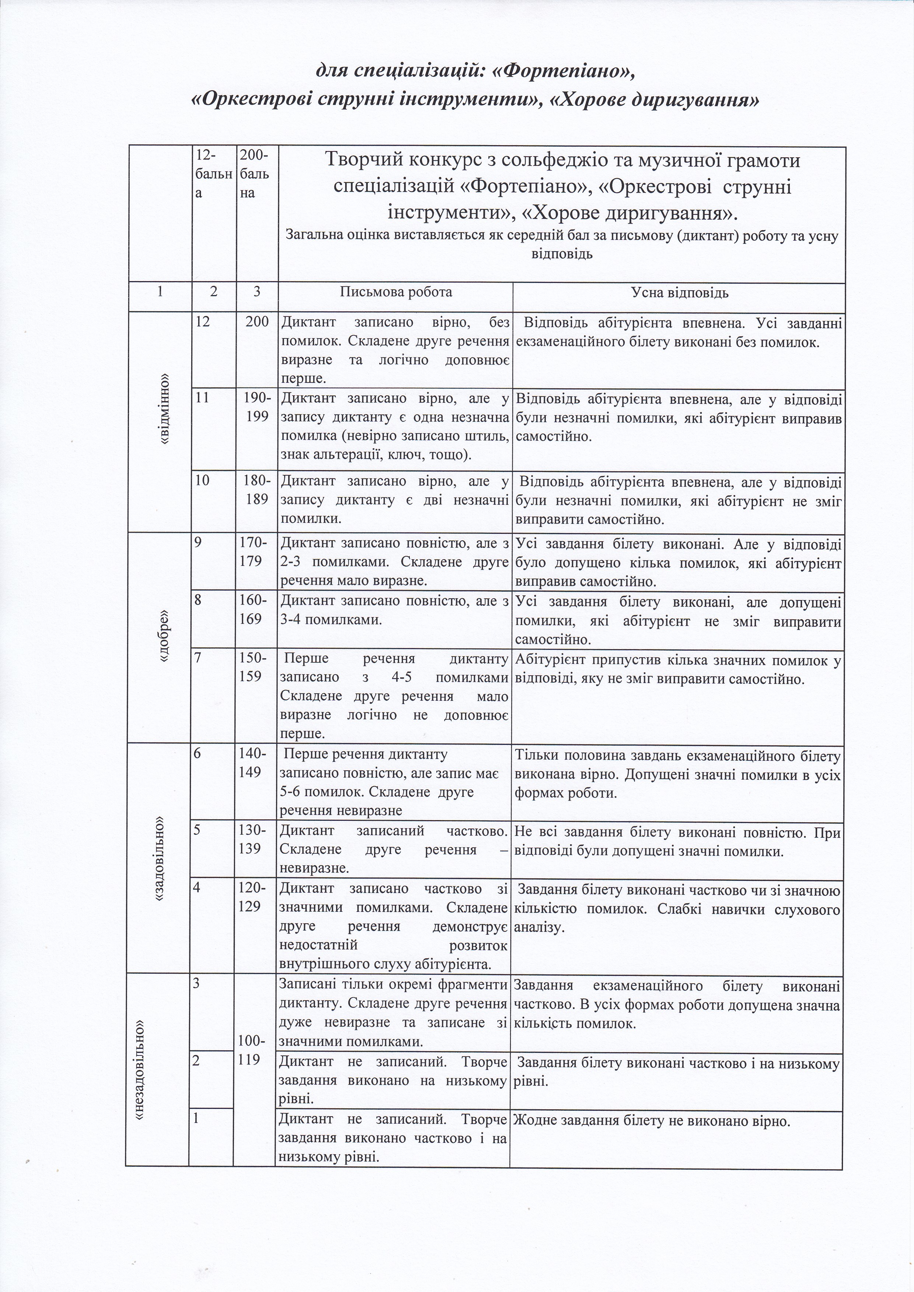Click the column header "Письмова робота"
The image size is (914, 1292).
coord(396,292)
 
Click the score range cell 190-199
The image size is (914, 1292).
coord(257,408)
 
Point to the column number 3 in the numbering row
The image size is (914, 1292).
coord(257,292)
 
